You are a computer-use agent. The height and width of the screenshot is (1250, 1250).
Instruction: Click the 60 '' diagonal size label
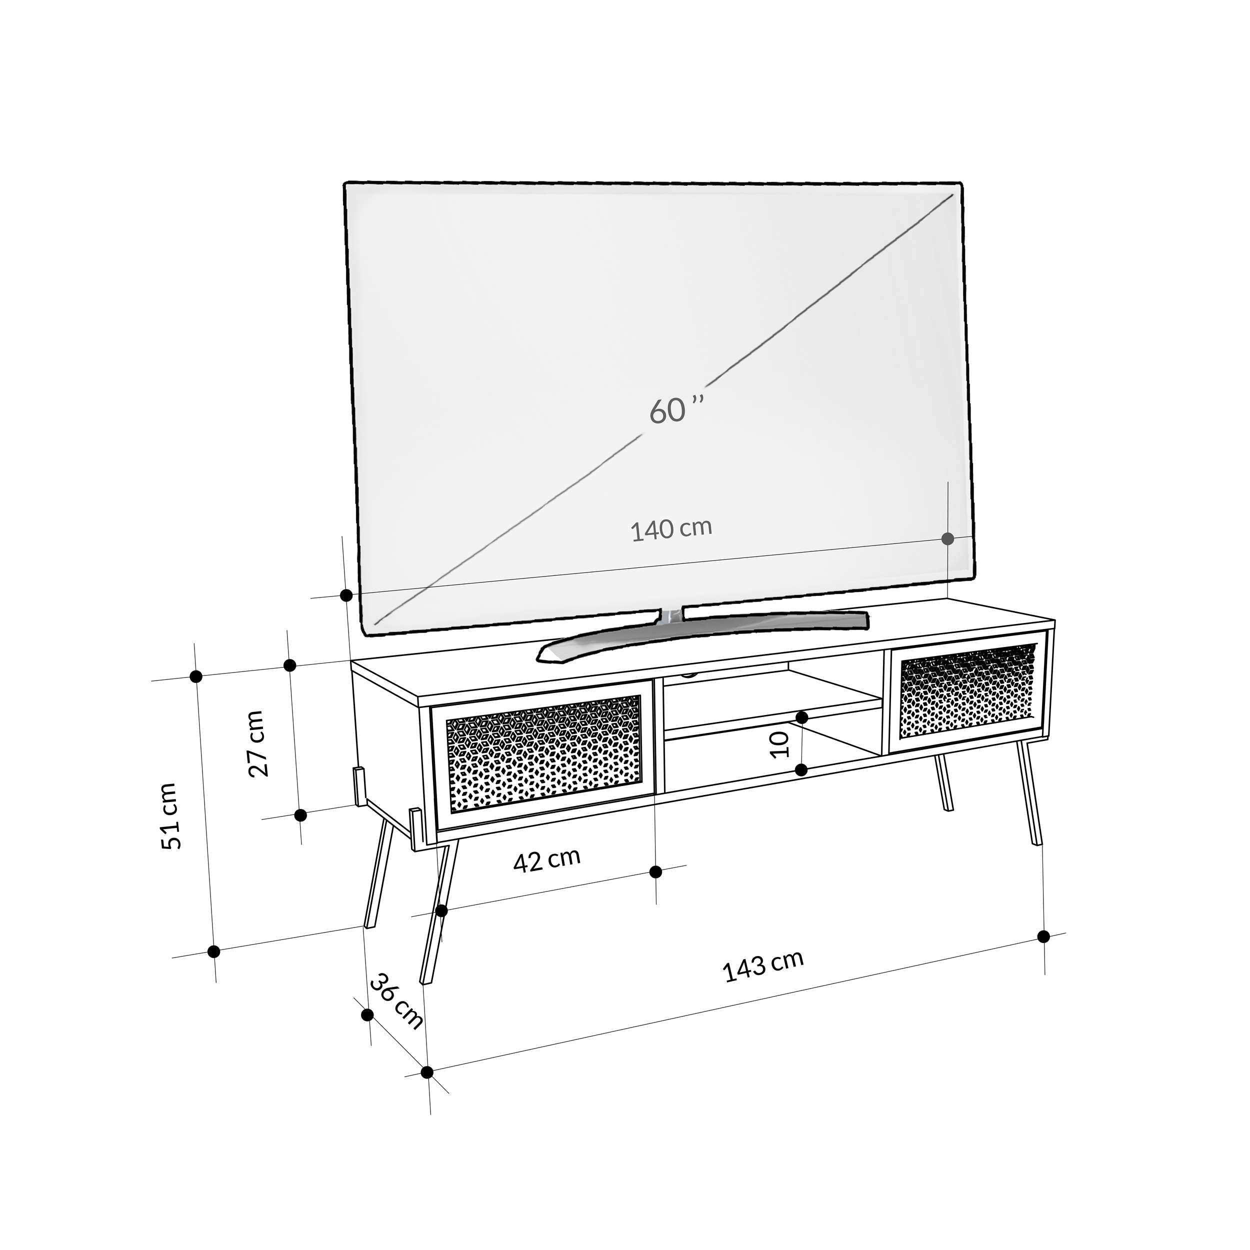tap(675, 409)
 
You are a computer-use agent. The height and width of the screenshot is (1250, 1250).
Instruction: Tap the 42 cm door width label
tap(546, 860)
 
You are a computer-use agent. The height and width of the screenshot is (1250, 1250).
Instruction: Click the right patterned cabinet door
tap(968, 691)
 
